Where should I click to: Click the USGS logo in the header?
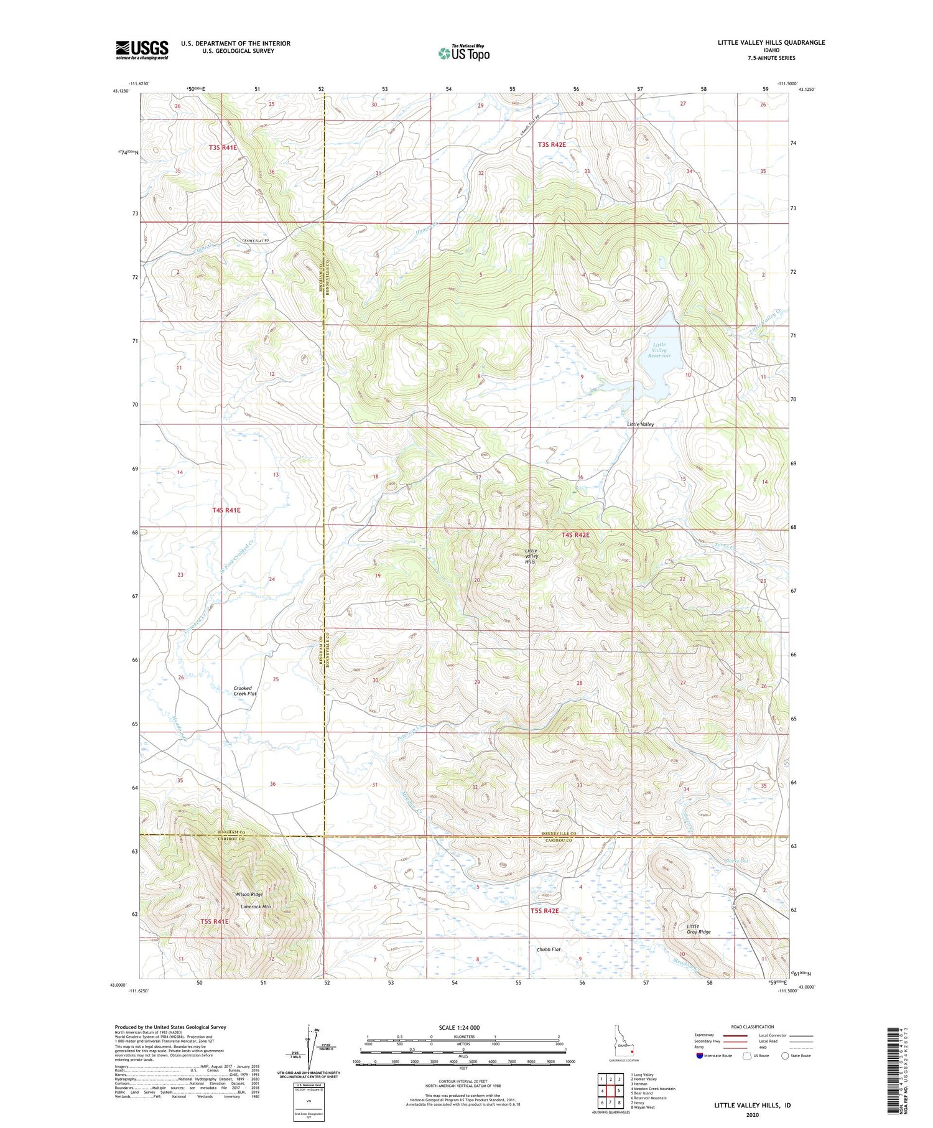142,50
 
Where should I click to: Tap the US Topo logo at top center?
464,53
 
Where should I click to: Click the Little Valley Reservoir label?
659,350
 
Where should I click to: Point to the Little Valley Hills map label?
531,556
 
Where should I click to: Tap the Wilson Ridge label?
249,894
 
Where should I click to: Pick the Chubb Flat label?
549,949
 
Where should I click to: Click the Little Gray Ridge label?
699,929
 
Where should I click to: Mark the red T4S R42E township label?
575,534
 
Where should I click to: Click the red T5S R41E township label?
215,921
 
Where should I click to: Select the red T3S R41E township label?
223,147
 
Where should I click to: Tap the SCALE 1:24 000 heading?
459,1027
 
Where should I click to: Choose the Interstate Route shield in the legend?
700,1055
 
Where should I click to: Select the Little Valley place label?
640,424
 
